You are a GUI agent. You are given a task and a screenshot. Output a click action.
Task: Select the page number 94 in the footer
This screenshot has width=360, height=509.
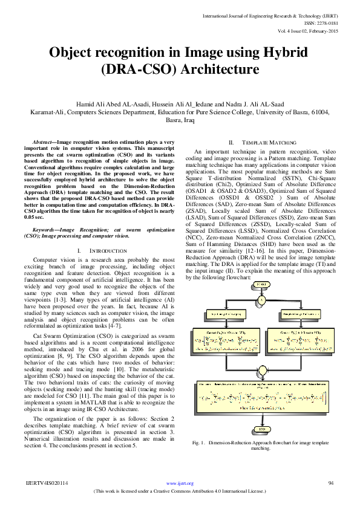(331, 483)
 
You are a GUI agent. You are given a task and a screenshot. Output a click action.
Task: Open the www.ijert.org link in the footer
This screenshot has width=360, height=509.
(180, 484)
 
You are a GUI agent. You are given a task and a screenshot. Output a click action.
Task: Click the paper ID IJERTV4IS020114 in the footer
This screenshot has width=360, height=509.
(47, 483)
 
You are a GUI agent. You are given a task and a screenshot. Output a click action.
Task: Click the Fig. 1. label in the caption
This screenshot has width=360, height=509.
(198, 443)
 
